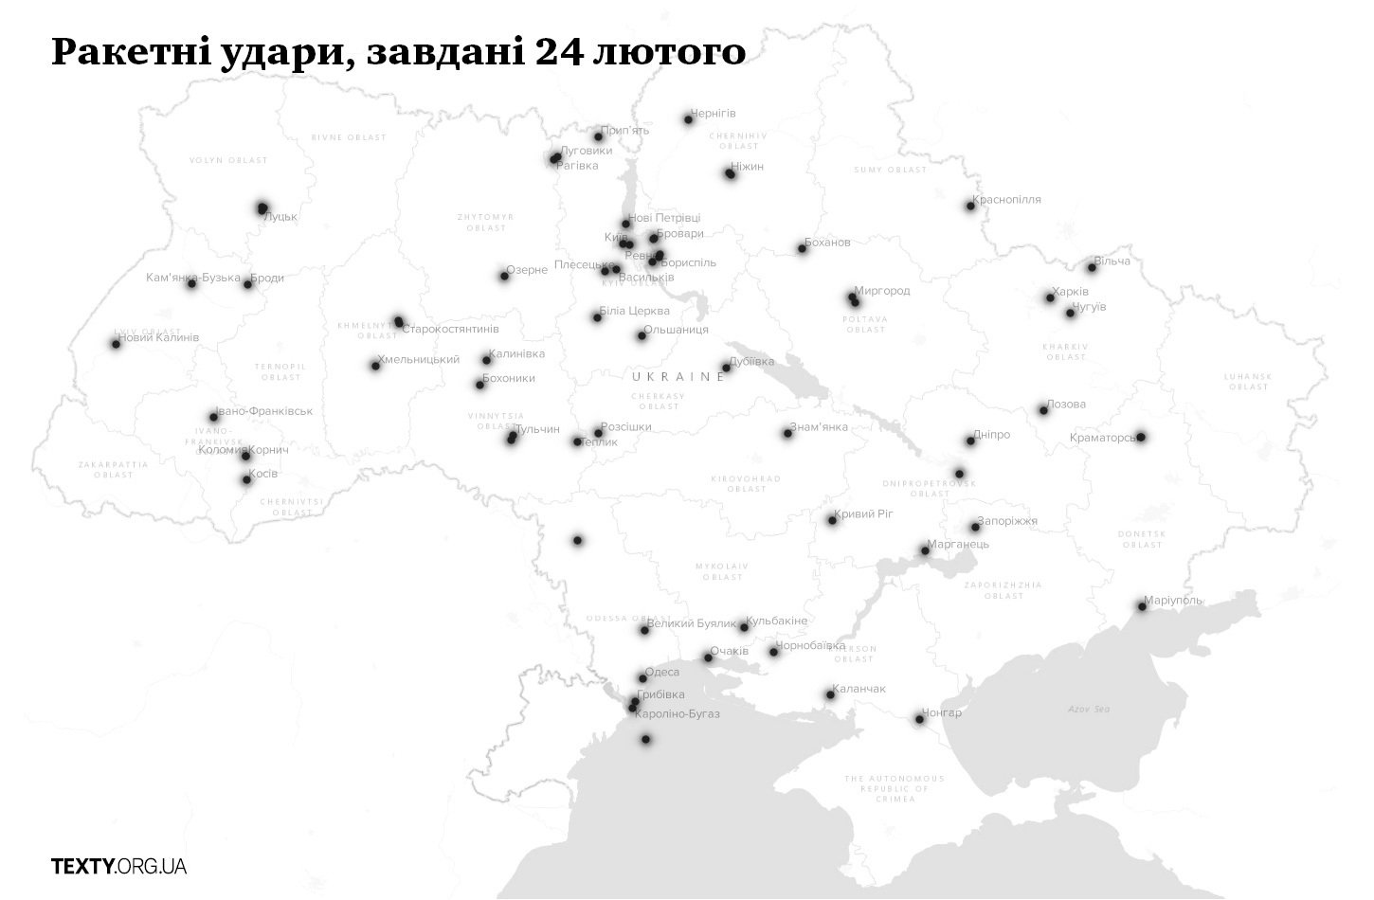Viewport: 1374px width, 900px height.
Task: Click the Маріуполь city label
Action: click(1174, 600)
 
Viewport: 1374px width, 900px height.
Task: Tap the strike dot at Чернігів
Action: click(689, 119)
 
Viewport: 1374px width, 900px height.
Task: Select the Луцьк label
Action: click(280, 217)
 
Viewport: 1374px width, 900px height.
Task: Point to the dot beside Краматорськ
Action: click(1141, 437)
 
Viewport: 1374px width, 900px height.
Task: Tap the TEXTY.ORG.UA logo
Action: click(118, 866)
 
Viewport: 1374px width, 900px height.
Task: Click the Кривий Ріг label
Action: click(865, 514)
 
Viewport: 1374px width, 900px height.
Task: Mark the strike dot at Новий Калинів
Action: click(116, 344)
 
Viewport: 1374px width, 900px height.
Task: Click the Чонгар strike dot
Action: click(919, 719)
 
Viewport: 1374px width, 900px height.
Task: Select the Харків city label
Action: click(1071, 292)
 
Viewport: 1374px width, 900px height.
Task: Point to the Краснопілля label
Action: click(1007, 200)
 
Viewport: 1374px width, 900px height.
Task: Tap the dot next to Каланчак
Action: click(830, 694)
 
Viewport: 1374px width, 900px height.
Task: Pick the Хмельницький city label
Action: click(418, 360)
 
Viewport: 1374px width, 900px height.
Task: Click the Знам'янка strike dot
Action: click(787, 433)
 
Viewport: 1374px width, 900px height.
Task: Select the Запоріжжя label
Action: click(1007, 521)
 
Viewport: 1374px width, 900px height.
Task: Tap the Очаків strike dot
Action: click(708, 657)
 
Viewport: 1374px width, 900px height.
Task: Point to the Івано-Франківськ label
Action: click(265, 411)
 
